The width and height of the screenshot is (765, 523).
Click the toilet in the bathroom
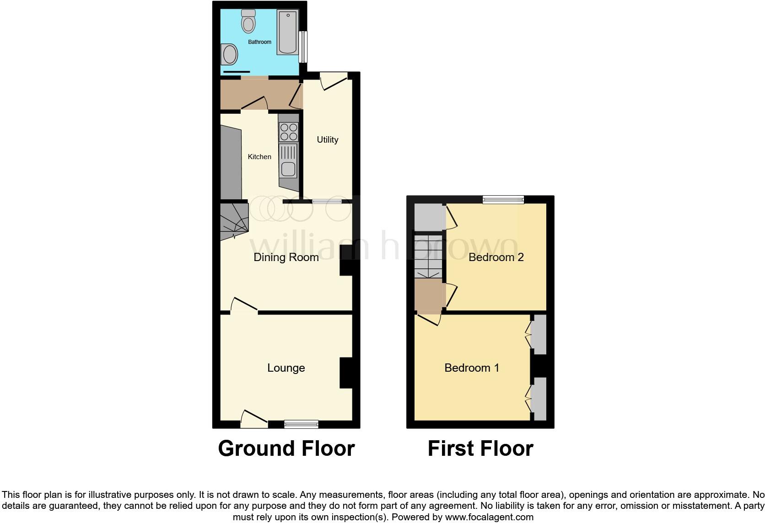click(x=248, y=21)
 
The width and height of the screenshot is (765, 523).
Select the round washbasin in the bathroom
click(x=229, y=55)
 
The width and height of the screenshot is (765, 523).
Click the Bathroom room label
click(x=259, y=42)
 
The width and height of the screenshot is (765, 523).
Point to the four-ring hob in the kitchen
click(x=289, y=132)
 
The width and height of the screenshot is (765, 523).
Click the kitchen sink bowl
click(x=288, y=169)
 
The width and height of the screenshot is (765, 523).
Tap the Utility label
click(x=328, y=140)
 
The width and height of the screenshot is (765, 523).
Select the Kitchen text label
click(x=259, y=157)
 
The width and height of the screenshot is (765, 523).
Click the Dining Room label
click(x=286, y=257)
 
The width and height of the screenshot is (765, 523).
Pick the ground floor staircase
click(x=234, y=221)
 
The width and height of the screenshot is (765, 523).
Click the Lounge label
click(x=286, y=368)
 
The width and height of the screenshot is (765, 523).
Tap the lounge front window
click(x=301, y=424)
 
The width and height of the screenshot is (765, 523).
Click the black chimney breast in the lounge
click(x=346, y=373)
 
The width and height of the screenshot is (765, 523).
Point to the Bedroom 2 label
click(x=496, y=257)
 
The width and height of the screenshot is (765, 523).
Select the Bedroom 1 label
click(x=472, y=368)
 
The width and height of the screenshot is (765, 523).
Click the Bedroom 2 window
click(x=503, y=199)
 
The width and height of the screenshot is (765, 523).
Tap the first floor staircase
click(x=428, y=256)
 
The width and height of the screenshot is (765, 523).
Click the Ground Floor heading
click(x=286, y=448)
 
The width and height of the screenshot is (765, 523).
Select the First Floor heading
click(x=480, y=448)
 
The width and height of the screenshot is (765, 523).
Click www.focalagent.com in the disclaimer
click(x=489, y=518)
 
